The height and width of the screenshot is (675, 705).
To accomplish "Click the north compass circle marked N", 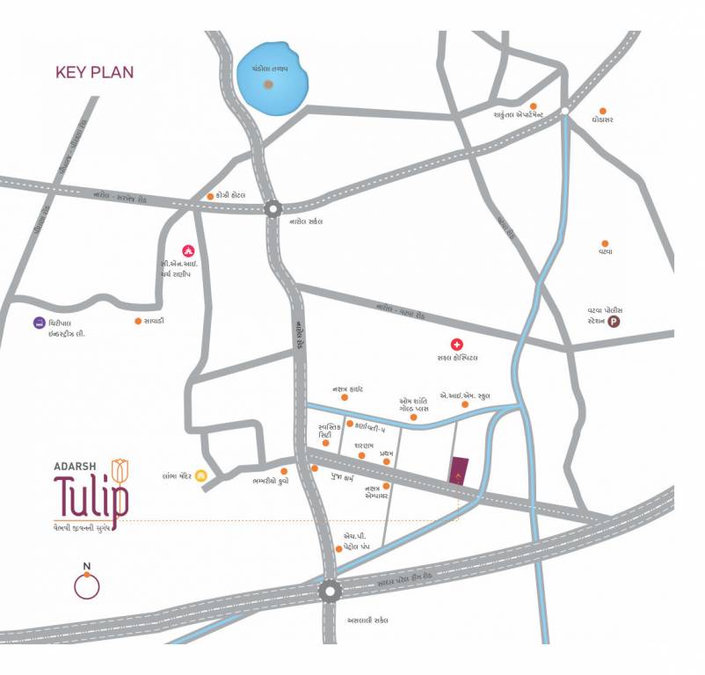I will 86,584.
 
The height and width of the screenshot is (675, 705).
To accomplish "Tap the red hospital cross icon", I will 456,344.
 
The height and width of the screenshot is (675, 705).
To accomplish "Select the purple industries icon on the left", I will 39,323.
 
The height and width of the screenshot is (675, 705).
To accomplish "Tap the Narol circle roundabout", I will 273,209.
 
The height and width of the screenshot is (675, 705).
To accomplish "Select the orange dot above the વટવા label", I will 605,243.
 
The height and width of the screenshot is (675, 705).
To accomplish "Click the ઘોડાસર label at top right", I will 602,119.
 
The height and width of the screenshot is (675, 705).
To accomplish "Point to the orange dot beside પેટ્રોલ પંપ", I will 338,549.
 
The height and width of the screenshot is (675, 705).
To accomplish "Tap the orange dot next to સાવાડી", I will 138,322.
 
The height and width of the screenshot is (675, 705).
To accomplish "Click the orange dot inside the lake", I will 268,85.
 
